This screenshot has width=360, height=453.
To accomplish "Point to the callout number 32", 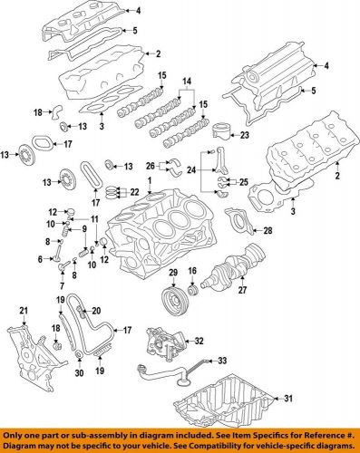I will click(199, 342).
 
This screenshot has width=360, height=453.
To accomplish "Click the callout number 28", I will click(267, 233).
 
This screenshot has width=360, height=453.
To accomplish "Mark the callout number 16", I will click(191, 273).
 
